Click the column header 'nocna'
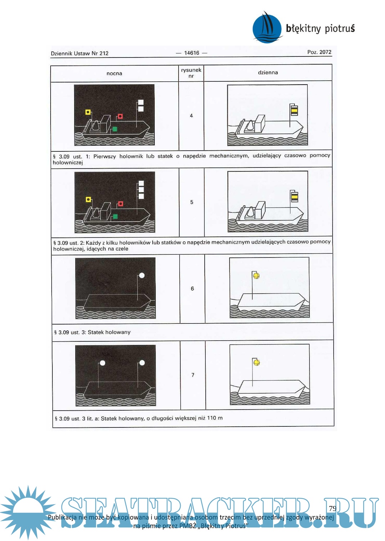pyautogui.click(x=114, y=73)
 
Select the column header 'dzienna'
pyautogui.click(x=268, y=72)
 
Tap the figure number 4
pyautogui.click(x=191, y=116)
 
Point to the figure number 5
pyautogui.click(x=192, y=202)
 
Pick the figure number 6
pyautogui.click(x=192, y=289)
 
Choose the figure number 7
pyautogui.click(x=192, y=375)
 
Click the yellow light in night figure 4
pyautogui.click(x=88, y=112)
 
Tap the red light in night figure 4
pyautogui.click(x=120, y=116)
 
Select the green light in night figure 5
pyautogui.click(x=115, y=216)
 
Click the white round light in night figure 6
pyautogui.click(x=142, y=275)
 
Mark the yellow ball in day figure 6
pyautogui.click(x=256, y=276)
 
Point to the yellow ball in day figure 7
pyautogui.click(x=257, y=362)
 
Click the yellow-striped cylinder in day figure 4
pyautogui.click(x=294, y=110)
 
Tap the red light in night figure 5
pyautogui.click(x=120, y=204)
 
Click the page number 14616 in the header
pyautogui.click(x=192, y=53)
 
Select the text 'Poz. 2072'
pyautogui.click(x=319, y=52)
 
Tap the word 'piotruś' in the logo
pyautogui.click(x=340, y=29)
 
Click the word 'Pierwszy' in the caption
pyautogui.click(x=104, y=156)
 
